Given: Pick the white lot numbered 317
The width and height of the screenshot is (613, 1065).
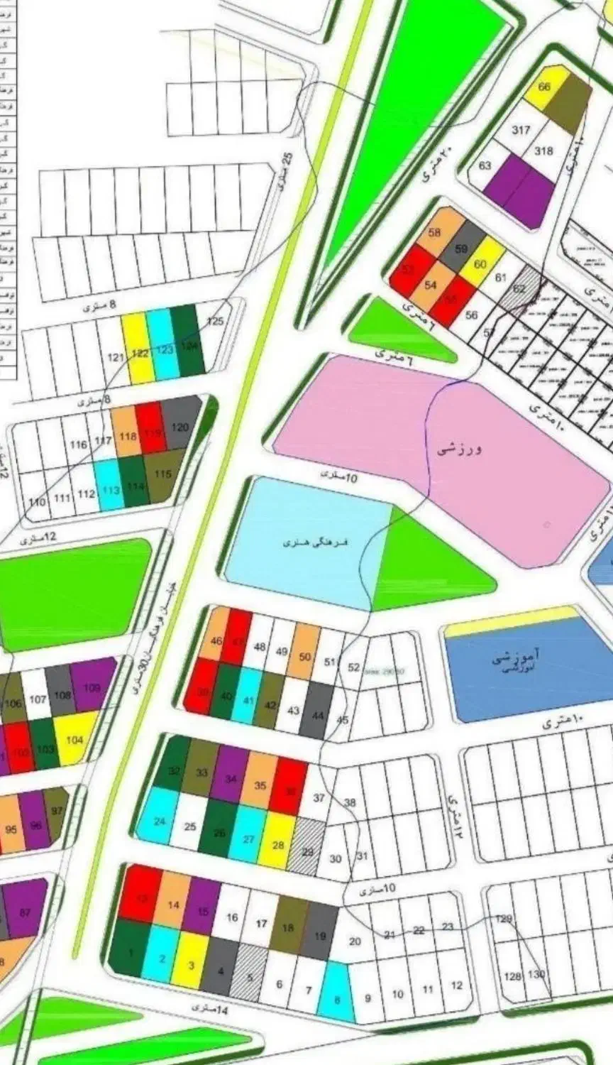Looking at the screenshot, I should (521, 130).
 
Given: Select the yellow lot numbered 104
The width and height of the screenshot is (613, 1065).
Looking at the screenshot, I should (75, 738).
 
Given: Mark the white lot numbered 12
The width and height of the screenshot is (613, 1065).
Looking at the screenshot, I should (456, 985).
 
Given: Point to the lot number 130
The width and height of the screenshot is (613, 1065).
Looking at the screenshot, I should (537, 974).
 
